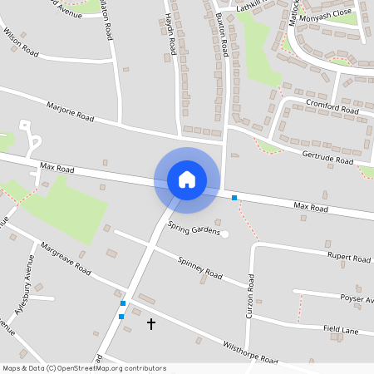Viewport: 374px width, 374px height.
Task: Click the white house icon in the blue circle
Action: coord(187,180)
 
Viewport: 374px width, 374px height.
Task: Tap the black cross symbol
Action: coord(151,322)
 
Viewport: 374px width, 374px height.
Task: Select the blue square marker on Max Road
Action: coord(234,198)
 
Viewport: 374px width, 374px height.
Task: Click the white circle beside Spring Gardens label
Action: coord(224,234)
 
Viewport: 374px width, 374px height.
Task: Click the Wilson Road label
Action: coord(22,50)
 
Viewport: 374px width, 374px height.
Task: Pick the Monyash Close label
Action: coord(326,17)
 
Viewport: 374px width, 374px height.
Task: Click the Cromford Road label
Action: coord(332,107)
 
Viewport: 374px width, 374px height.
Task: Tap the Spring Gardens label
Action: coord(194,227)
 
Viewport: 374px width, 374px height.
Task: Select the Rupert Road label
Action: coord(348,258)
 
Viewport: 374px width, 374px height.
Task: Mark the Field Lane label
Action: coord(342,330)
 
